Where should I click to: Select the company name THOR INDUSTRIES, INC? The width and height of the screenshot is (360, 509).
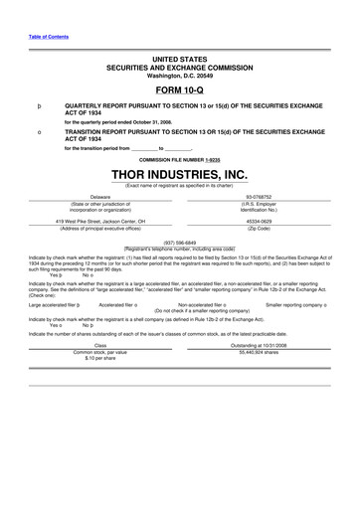180,175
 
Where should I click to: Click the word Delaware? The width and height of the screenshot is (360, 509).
99,197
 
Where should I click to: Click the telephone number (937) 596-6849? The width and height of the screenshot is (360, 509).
180,242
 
